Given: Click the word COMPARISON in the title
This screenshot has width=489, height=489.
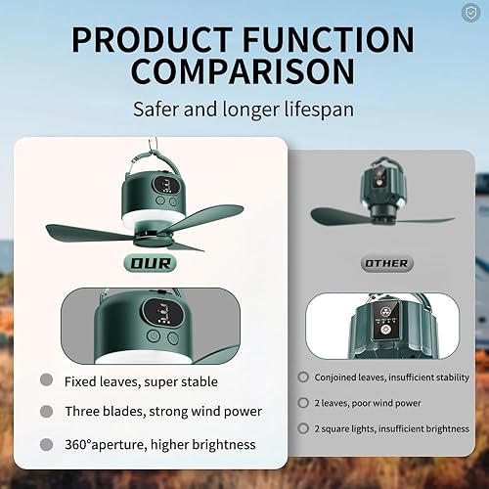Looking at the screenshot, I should pos(244,73).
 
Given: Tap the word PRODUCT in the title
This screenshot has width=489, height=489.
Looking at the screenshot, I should pos(150,39).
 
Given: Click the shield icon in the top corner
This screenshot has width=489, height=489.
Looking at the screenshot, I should pos(472,13).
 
